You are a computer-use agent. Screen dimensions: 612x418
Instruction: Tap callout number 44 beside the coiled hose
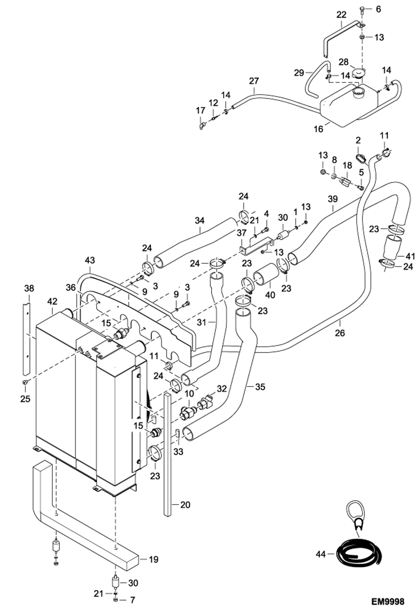321,559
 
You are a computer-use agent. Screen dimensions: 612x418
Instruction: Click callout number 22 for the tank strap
341,15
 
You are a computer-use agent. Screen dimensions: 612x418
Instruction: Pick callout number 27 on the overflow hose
254,81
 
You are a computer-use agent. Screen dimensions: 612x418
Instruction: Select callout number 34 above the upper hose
200,221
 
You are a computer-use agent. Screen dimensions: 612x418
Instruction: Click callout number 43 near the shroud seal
90,260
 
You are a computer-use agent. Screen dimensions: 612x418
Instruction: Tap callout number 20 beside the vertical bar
185,505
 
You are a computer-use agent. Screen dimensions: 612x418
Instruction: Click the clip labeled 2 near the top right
360,158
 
